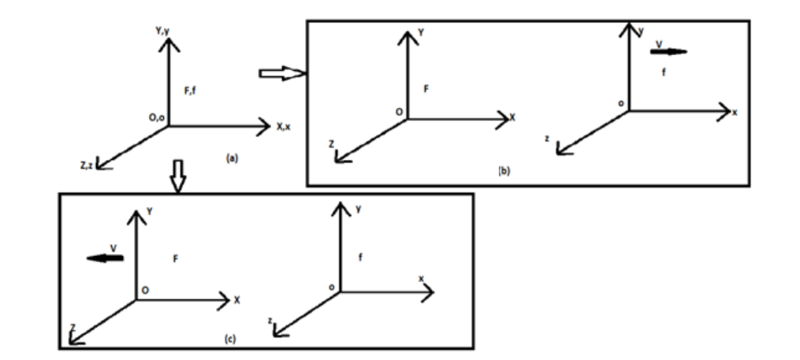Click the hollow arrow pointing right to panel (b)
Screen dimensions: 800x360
click(282, 73)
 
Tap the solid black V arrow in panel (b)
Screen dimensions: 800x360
click(669, 51)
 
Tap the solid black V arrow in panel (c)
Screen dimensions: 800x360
click(105, 258)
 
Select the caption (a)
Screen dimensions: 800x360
click(232, 158)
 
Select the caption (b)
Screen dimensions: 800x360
click(504, 171)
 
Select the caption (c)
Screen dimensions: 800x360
click(230, 339)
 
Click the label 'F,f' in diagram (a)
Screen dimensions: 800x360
click(190, 92)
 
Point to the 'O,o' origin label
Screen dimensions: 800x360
click(157, 118)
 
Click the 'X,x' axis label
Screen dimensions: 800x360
click(283, 127)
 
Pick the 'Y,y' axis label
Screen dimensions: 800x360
click(162, 32)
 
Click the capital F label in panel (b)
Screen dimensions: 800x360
click(426, 89)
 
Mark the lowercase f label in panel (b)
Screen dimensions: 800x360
click(664, 72)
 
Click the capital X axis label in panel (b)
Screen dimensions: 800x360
click(512, 118)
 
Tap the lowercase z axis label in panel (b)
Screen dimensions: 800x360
click(547, 138)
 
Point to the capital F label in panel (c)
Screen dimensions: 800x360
click(176, 259)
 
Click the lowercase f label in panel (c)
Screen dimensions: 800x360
click(360, 257)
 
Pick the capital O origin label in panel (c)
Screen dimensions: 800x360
click(145, 290)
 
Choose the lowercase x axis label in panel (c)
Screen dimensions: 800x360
click(422, 278)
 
